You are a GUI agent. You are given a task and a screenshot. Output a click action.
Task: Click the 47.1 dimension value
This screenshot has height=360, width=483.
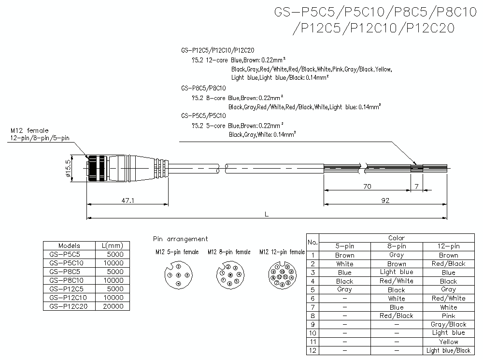click(x=127, y=199)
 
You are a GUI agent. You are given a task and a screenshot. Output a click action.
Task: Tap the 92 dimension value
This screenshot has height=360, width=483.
click(x=384, y=200)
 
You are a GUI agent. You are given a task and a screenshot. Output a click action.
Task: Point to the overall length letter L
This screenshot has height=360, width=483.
click(x=267, y=214)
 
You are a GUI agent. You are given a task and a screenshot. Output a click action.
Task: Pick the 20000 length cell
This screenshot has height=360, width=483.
click(x=113, y=306)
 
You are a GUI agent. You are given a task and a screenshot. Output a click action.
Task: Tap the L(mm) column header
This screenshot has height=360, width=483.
click(x=113, y=245)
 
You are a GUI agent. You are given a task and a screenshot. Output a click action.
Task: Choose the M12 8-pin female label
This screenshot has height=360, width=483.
click(x=229, y=252)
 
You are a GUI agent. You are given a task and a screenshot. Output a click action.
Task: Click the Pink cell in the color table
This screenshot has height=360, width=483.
click(x=448, y=316)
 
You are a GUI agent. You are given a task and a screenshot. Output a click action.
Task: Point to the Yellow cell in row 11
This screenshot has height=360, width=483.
click(x=448, y=342)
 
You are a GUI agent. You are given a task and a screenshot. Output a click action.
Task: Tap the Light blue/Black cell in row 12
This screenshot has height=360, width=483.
click(x=448, y=350)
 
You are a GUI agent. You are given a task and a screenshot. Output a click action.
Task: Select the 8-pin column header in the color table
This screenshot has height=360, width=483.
click(x=396, y=246)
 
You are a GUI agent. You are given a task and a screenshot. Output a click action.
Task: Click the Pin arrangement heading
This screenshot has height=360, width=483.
click(x=180, y=239)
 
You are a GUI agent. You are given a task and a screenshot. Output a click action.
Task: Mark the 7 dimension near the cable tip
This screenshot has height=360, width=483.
click(x=416, y=186)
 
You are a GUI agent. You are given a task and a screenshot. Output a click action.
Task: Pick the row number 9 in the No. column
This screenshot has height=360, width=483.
click(x=313, y=324)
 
